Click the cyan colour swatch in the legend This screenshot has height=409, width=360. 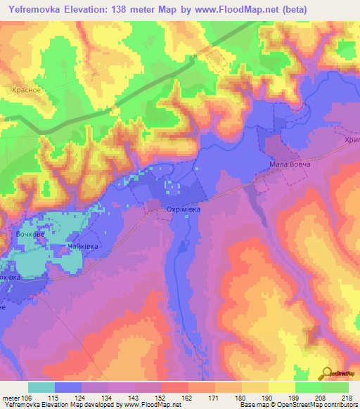pyautogui.click(x=41, y=387)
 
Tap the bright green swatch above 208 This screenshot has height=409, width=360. pyautogui.click(x=309, y=387)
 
